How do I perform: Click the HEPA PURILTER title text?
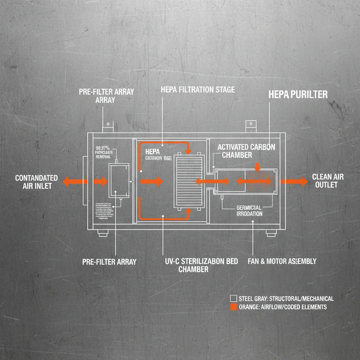[298, 94]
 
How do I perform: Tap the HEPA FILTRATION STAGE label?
[198, 90]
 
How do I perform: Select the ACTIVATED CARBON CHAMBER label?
[246, 151]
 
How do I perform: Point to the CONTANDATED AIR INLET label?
[36, 182]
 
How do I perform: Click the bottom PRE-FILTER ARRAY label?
[109, 262]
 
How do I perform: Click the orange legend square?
[233, 307]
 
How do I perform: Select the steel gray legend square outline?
[233, 298]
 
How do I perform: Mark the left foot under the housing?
[102, 233]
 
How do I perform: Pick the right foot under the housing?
[271, 233]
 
